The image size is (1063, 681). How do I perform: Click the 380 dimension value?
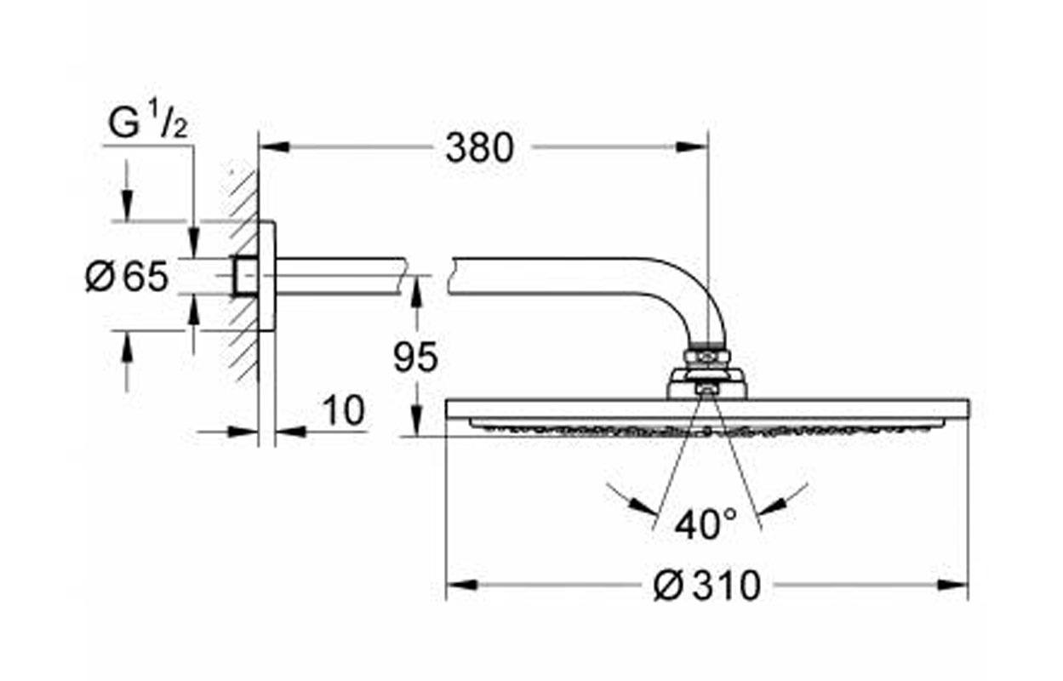pos(479,147)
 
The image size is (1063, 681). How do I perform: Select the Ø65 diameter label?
pos(127,276)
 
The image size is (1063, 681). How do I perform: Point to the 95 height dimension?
pos(415,358)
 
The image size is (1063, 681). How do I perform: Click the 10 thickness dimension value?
pos(344,410)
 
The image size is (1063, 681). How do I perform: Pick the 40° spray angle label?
pos(706,524)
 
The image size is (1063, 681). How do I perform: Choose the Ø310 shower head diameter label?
pos(707,586)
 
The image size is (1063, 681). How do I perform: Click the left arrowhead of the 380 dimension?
pos(274,146)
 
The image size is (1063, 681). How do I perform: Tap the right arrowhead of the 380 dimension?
pos(692,147)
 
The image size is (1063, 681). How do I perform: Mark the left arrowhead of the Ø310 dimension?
pos(462,585)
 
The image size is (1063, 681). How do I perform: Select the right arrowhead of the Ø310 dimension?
pos(953,585)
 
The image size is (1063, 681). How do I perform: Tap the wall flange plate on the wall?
pos(267,276)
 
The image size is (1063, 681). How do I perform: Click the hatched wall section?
pos(243,275)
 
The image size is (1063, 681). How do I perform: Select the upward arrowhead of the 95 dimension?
pos(415,293)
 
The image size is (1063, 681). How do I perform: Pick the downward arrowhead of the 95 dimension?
pos(415,421)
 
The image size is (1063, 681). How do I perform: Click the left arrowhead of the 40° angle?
pos(644,506)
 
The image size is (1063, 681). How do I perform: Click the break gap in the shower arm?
pos(427,276)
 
